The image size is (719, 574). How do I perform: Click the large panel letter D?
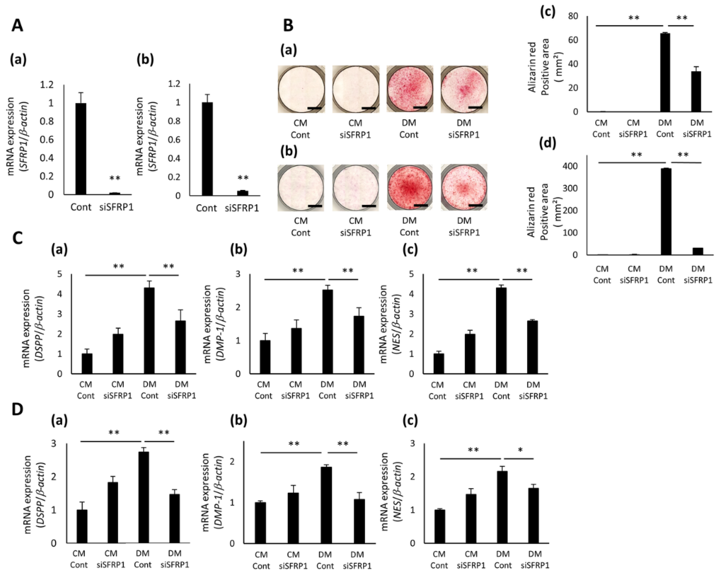[17, 410]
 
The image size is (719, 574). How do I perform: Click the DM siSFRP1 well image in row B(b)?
[464, 188]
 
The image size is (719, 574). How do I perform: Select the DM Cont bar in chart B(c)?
[665, 73]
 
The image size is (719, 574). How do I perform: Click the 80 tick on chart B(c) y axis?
[573, 16]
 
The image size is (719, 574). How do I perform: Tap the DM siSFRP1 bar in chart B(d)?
[698, 251]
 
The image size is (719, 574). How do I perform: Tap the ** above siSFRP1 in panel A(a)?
[114, 178]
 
